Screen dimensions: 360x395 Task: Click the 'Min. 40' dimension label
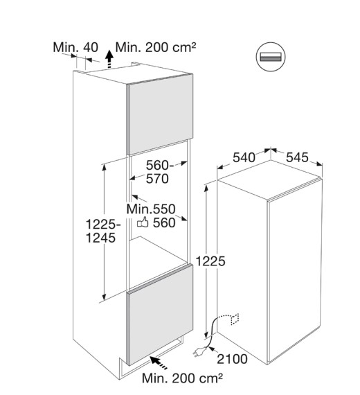pos(75,47)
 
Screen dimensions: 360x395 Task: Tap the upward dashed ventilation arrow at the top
pos(109,59)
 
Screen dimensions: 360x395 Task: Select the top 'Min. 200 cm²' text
pos(156,47)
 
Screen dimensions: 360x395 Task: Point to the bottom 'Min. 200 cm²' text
pos(182,378)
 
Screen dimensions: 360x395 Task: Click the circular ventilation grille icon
pos(271,57)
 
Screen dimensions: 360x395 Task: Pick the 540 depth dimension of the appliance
pos(244,158)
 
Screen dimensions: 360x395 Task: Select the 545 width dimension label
pos(297,157)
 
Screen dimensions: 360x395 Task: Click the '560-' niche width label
pos(160,166)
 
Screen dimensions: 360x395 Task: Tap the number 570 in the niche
pos(157,179)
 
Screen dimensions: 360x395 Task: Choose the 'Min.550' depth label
pos(151,209)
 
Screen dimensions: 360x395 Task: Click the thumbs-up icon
pos(143,222)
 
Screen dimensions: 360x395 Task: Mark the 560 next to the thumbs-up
pos(164,223)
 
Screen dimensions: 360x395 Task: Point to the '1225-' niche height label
pos(103,225)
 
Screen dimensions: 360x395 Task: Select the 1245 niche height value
pos(101,238)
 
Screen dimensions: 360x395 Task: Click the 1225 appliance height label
pos(210,261)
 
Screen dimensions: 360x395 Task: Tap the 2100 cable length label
pos(232,359)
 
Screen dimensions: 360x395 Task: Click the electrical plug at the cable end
pos(199,351)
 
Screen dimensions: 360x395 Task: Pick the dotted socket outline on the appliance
pos(235,319)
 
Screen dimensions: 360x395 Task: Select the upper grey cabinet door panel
pos(161,114)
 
